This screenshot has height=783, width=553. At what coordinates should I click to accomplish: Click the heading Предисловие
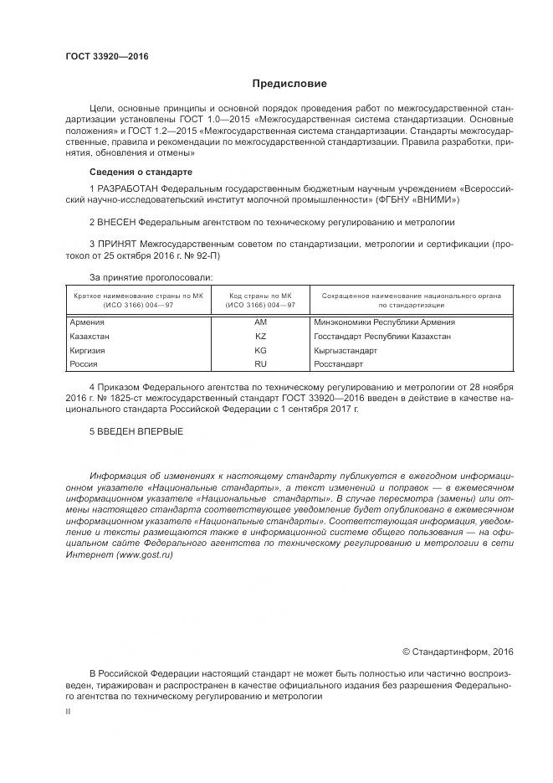point(290,84)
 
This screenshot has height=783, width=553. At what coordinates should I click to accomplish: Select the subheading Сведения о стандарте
point(141,172)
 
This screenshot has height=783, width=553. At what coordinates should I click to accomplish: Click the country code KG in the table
point(260,350)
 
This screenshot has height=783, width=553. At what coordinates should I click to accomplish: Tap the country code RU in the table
point(260,364)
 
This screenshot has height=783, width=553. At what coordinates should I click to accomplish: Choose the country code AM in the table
point(260,322)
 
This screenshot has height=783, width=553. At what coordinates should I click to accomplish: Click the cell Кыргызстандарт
point(346,350)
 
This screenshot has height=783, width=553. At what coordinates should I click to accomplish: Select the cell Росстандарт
point(339,364)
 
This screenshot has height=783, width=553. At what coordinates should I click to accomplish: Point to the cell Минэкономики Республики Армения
point(385,322)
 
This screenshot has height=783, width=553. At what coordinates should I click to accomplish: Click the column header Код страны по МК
point(260,296)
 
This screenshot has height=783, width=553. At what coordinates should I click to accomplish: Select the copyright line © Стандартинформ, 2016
point(458,652)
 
